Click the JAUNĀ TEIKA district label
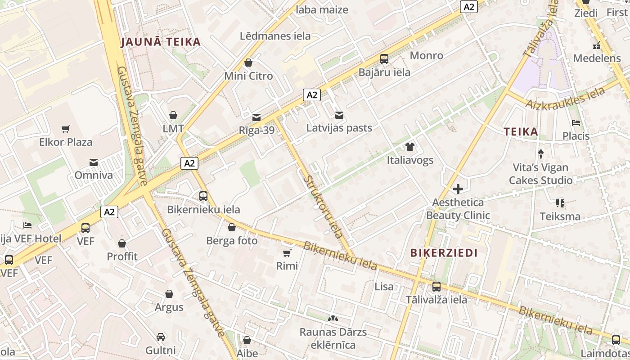pos(161,42)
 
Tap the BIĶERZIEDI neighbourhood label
pos(444,253)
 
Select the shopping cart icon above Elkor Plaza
pos(66,129)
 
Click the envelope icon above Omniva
pos(94,162)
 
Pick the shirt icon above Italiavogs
pos(409,147)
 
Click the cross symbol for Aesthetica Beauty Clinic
pos(458,189)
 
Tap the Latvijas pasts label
pos(339,128)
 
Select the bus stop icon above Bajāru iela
pos(384,59)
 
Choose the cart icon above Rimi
pos(287,253)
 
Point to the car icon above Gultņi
pos(160,337)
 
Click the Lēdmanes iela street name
pos(275,36)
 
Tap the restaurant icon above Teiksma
pos(560,203)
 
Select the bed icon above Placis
pos(576,123)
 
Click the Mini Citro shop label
pos(248,76)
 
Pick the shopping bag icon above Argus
pos(169,294)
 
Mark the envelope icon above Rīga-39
pos(256,117)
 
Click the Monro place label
pos(426,55)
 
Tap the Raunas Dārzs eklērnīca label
pos(333,338)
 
